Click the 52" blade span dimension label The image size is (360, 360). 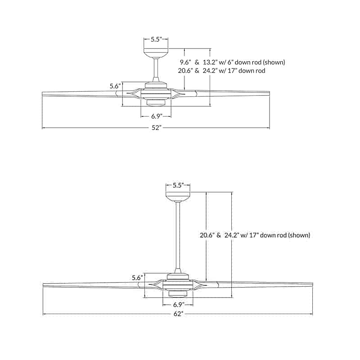[x=155, y=128]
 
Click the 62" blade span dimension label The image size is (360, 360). [x=177, y=314]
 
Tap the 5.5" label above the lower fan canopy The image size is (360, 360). [x=177, y=185]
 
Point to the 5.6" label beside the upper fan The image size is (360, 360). [x=115, y=86]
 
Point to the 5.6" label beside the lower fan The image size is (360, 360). [x=138, y=278]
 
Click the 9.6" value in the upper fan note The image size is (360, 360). [x=185, y=62]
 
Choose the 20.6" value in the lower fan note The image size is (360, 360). [x=207, y=235]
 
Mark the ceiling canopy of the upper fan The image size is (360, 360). [x=156, y=53]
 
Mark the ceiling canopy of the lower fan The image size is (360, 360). [x=178, y=197]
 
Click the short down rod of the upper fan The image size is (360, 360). [x=156, y=68]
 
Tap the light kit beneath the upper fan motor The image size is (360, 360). [x=156, y=103]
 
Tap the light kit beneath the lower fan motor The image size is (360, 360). [x=178, y=294]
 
